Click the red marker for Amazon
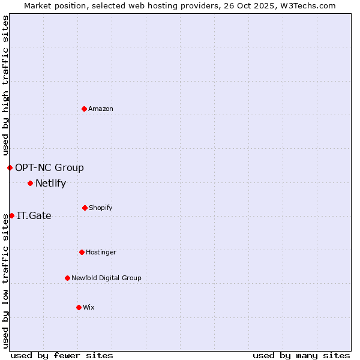coord(84,109)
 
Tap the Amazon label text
coord(101,109)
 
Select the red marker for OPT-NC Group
coord(10,167)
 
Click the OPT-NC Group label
coord(49,168)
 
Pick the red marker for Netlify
coord(30,183)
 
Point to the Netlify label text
coord(50,184)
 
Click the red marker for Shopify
coord(85,208)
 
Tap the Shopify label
coord(101,208)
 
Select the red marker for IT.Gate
coord(11,215)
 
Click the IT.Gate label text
coord(34,216)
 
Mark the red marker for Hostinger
coord(82,252)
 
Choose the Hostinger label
coord(101,253)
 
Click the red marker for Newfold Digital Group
coord(67,278)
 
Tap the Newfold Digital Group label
coord(106,278)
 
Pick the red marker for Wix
coord(79,307)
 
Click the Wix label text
coord(89,308)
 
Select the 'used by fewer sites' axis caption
coord(62,355)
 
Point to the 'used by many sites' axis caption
coord(301,355)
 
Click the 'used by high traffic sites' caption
coord(5,86)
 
